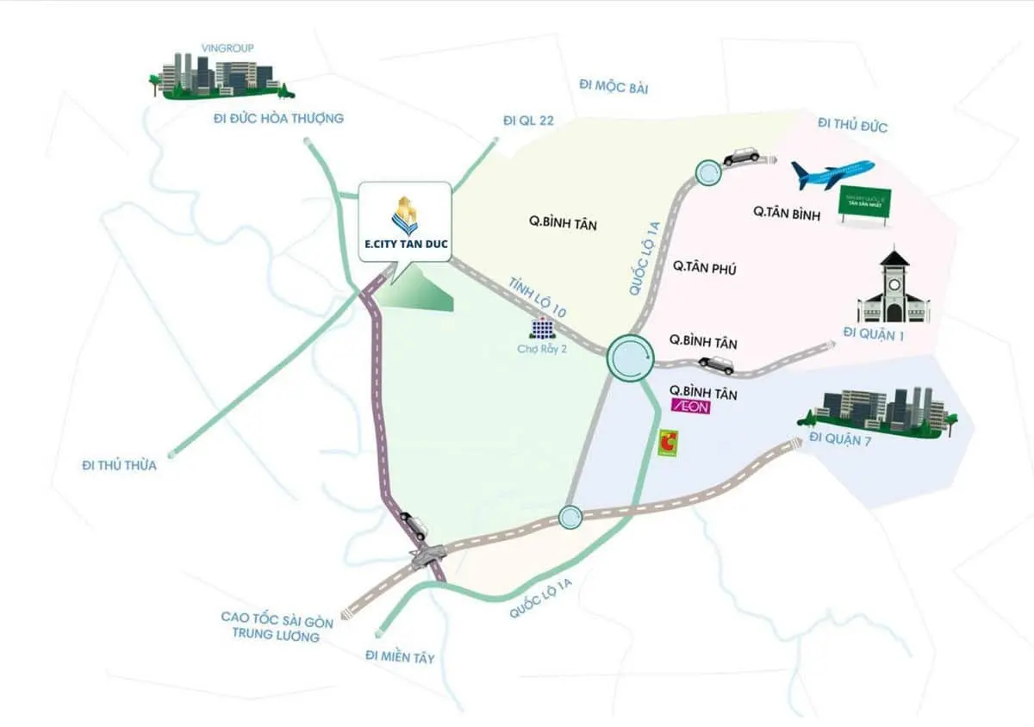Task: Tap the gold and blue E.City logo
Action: pos(405,215)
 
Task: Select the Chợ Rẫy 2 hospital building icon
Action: pos(542,328)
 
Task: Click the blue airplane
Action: pos(832,174)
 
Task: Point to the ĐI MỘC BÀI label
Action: pos(614,87)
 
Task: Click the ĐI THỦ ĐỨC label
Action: pos(852,127)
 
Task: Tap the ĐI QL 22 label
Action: pos(528,121)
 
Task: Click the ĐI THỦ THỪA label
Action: pos(119,465)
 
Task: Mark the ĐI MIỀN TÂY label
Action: pos(400,657)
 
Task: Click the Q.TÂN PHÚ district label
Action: pos(704,269)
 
